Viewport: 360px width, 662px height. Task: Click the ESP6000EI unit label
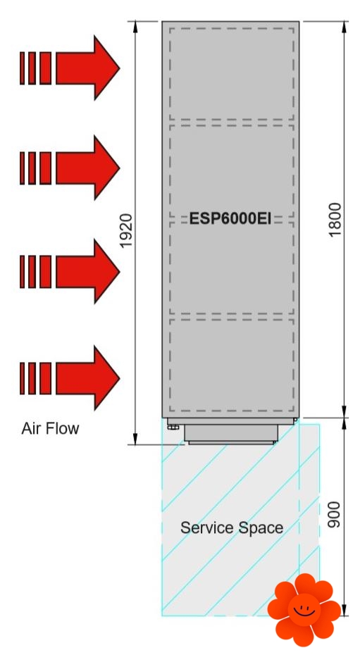[230, 219]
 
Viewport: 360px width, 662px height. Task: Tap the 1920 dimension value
[126, 231]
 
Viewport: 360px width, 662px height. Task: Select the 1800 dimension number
[335, 220]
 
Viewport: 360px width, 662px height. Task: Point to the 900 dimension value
[334, 514]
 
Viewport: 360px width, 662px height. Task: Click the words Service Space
[232, 527]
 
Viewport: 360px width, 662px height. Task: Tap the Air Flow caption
[50, 428]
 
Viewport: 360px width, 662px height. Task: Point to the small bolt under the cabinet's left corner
[173, 427]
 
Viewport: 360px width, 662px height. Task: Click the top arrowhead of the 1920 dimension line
[135, 26]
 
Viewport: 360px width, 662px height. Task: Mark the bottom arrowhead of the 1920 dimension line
[135, 439]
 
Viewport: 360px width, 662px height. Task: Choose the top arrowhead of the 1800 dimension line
[344, 26]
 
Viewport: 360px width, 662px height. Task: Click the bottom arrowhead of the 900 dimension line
[344, 610]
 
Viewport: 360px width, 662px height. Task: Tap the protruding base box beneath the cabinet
[231, 434]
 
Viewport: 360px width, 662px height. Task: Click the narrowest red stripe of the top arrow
[22, 68]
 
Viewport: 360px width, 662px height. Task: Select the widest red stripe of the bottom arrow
[45, 378]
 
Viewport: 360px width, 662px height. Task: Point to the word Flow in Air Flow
[63, 428]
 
